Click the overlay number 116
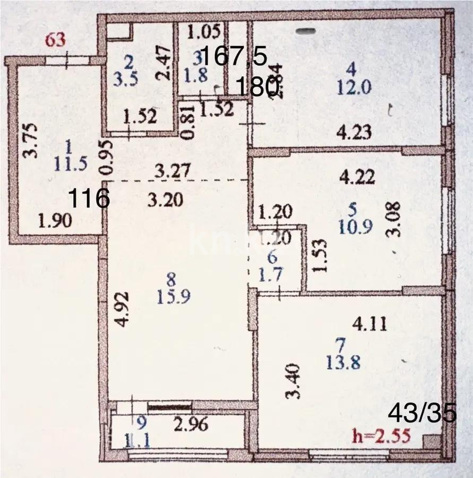pos(90,199)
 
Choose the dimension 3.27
pos(170,171)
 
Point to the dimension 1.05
pos(204,32)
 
